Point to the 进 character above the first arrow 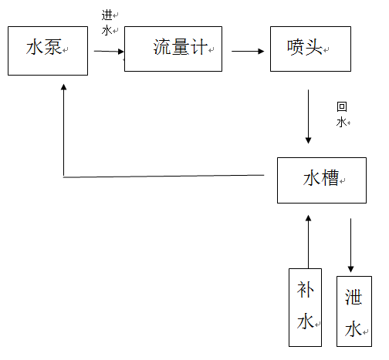pos(107,15)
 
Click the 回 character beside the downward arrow pos(342,106)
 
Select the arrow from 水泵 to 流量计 pos(109,52)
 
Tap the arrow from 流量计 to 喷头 pos(248,51)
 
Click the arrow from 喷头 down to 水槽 pos(308,116)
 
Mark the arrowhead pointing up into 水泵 pos(64,87)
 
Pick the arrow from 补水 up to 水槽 pos(308,242)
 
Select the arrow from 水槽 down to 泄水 pos(350,245)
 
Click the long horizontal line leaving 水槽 pos(164,176)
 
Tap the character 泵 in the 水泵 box pos(52,47)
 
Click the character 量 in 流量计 pos(180,47)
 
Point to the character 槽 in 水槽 pos(330,177)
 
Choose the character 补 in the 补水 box pos(306,289)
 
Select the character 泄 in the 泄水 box pos(353,297)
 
